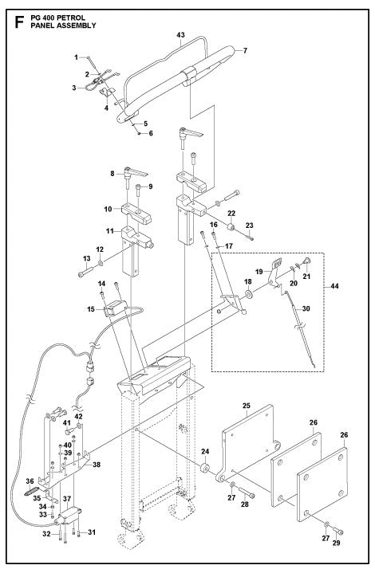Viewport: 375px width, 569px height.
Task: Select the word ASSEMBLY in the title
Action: pyautogui.click(x=76, y=26)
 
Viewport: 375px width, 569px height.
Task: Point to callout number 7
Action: pyautogui.click(x=244, y=51)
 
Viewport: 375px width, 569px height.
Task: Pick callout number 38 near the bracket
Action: pyautogui.click(x=97, y=465)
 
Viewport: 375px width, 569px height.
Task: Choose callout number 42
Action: pyautogui.click(x=77, y=415)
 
